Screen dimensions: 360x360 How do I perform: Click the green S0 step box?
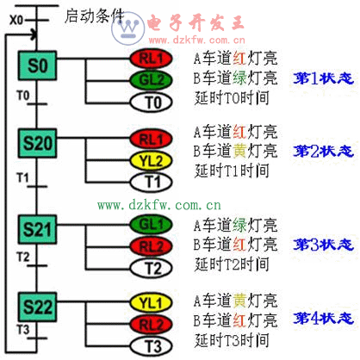pos(37,65)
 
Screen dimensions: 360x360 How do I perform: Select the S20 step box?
pos(37,143)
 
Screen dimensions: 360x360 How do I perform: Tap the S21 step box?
pos(37,229)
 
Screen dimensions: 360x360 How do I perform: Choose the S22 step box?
pos(37,307)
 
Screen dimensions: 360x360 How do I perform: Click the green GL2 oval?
pos(152,80)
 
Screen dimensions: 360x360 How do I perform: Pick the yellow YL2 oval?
pos(152,161)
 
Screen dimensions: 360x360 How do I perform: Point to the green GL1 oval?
pos(152,224)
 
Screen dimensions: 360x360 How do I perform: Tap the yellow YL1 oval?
pos(152,303)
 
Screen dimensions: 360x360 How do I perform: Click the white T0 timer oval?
pos(152,102)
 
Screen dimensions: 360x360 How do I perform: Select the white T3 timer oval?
pos(152,346)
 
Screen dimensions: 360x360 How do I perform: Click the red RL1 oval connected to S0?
pos(152,59)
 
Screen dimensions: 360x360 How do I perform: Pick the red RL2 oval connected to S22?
pos(152,325)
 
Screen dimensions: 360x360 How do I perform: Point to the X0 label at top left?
pos(16,20)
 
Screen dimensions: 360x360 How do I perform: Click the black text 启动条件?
pos(95,16)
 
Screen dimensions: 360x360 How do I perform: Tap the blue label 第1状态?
pos(323,78)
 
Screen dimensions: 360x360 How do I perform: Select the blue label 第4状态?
pos(323,318)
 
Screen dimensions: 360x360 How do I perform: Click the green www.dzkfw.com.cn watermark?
pos(159,205)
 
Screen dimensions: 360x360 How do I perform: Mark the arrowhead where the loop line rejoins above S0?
pos(34,35)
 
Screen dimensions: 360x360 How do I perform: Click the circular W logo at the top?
pos(128,28)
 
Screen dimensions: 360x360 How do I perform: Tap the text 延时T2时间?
pos(232,264)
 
